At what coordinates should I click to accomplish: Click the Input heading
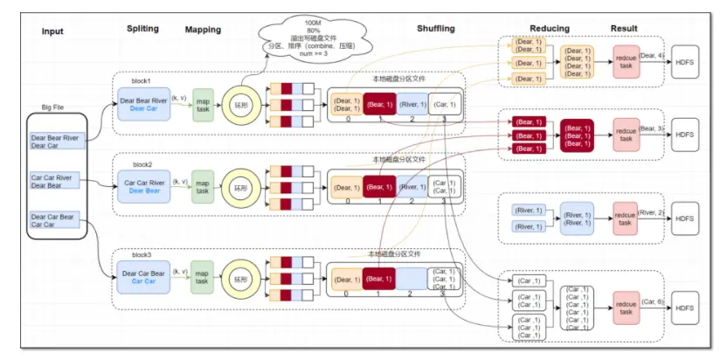(x=52, y=32)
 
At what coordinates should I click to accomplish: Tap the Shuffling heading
(x=436, y=29)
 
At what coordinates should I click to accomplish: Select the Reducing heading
(x=550, y=29)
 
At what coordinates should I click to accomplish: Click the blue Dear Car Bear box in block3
(x=144, y=276)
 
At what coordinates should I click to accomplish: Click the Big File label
(x=53, y=107)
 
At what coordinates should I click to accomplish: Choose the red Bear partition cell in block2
(x=379, y=187)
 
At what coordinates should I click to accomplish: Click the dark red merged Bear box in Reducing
(x=578, y=136)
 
